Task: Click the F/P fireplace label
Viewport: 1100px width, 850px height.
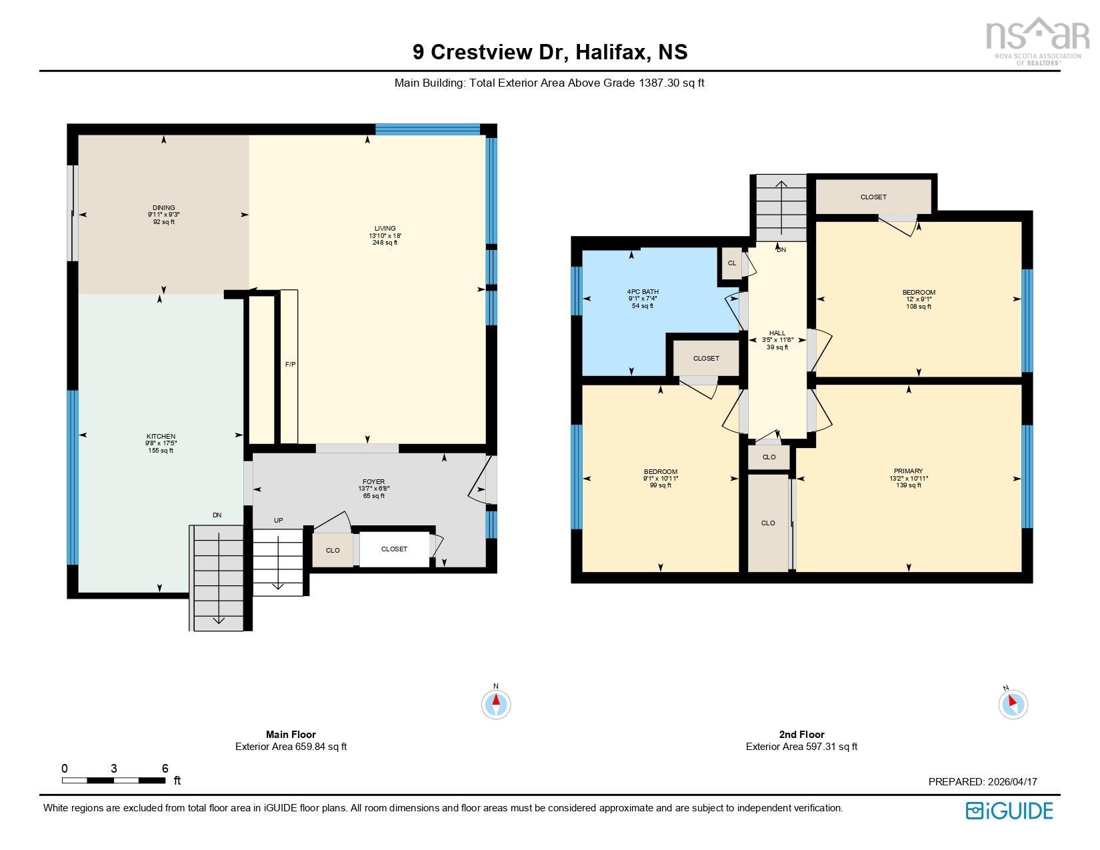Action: coord(290,365)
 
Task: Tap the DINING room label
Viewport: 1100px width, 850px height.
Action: coord(163,207)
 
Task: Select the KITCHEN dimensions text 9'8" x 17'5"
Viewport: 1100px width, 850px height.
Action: coord(161,443)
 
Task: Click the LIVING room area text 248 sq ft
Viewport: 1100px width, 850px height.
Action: coord(385,243)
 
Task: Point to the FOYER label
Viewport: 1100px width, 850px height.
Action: coord(373,481)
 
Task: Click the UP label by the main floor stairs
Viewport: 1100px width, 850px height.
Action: coord(278,520)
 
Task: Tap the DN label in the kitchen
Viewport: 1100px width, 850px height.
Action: coord(217,515)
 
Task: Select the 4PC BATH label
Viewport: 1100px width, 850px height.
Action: coord(643,291)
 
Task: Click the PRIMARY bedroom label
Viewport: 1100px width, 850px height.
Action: coord(909,471)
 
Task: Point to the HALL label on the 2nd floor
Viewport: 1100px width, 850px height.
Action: coord(777,333)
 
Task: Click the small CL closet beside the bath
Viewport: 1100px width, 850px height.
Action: coord(731,263)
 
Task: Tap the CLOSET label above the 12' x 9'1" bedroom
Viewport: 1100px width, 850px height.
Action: coord(873,197)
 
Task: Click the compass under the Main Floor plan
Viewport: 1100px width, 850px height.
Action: coord(496,704)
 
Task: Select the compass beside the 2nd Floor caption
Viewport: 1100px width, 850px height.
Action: coord(1013,704)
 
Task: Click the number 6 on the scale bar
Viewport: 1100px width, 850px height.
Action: coord(165,768)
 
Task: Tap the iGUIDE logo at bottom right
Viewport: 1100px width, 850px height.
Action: coord(1009,810)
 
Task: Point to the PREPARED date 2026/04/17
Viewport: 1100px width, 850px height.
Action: coord(982,782)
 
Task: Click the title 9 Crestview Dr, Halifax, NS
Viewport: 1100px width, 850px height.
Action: coord(550,52)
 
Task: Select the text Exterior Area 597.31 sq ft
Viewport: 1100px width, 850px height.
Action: coord(801,747)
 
